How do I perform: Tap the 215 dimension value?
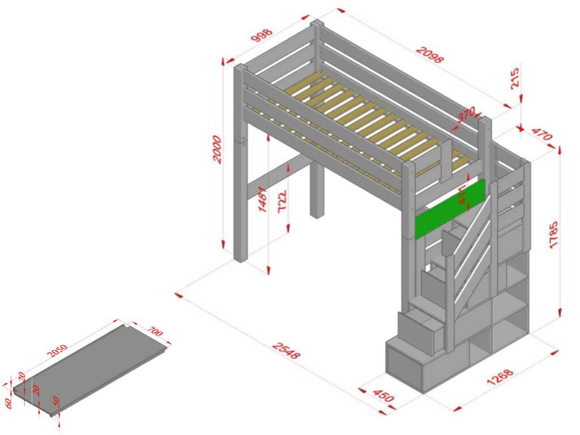(515, 79)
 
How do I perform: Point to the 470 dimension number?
(541, 136)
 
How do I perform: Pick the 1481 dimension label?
(263, 198)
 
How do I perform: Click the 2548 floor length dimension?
(285, 351)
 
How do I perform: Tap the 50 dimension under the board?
(56, 401)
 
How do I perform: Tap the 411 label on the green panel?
(463, 194)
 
